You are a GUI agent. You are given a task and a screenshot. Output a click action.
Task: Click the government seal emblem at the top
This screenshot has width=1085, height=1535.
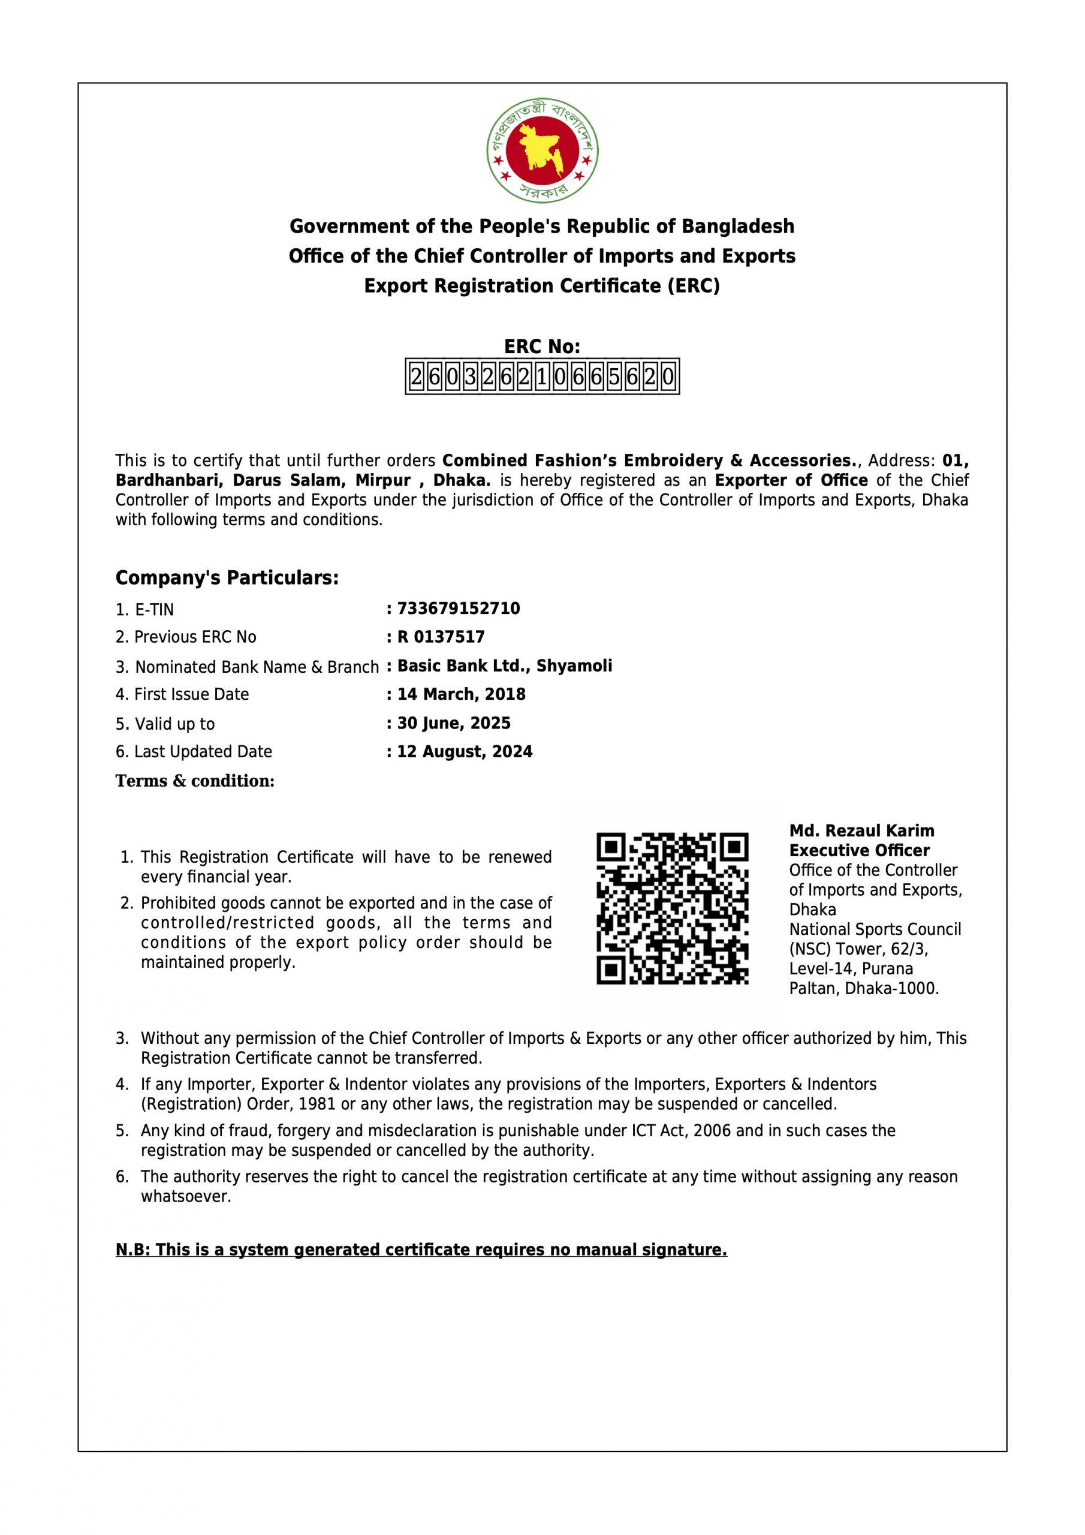(x=542, y=151)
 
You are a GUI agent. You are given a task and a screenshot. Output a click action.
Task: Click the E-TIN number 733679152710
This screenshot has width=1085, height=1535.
(x=459, y=609)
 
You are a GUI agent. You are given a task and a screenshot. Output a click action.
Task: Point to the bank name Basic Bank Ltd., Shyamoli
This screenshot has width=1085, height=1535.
(x=505, y=666)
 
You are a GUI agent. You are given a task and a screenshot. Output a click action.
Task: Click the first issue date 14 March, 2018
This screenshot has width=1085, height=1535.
(x=462, y=694)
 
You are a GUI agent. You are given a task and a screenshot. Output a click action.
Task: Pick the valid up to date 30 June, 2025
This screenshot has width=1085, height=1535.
(x=454, y=723)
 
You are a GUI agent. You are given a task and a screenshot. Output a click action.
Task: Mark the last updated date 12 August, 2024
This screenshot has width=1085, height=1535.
(x=465, y=751)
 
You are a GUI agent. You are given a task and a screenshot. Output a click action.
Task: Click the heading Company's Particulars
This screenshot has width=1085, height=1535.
(x=227, y=577)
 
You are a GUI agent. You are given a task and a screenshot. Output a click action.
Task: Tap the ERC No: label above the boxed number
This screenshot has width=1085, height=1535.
(x=542, y=347)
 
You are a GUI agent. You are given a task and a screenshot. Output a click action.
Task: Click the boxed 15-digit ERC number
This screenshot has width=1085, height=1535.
(x=542, y=377)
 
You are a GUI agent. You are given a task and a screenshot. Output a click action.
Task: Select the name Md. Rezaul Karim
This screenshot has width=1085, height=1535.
(x=862, y=830)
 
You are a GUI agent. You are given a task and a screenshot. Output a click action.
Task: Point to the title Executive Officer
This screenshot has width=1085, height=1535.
(x=860, y=850)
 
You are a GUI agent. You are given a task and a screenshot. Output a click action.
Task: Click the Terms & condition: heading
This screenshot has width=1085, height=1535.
(x=195, y=781)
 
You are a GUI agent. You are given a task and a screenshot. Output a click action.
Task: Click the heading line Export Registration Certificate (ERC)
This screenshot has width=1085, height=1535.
(x=542, y=286)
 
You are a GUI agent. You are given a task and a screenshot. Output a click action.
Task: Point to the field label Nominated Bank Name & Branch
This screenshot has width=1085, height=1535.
(x=248, y=667)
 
